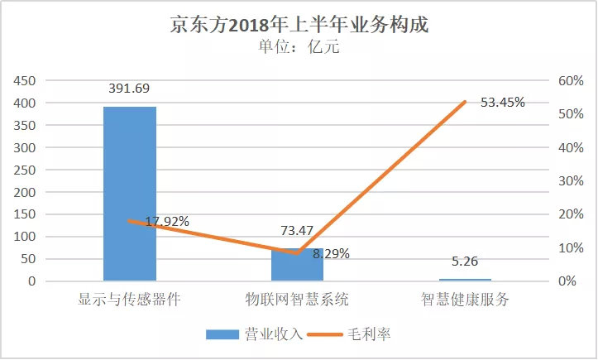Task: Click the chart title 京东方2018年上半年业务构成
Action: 299,24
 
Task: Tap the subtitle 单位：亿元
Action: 299,46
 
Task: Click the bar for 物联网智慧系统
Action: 298,265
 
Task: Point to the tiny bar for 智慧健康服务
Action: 465,280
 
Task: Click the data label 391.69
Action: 130,89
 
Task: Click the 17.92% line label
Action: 167,222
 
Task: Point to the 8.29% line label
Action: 331,254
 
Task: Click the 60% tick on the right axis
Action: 571,80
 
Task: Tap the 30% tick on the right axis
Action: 571,180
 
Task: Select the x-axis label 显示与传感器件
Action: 130,299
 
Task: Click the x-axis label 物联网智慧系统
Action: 298,299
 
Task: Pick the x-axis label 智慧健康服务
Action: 465,299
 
